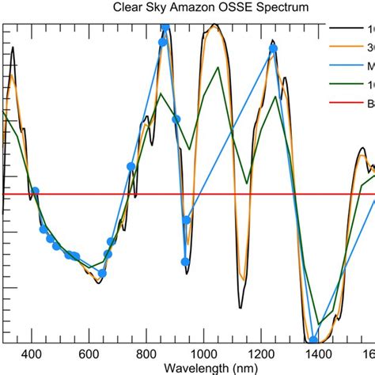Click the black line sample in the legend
pos(347,29)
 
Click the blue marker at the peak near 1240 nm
pos(273,49)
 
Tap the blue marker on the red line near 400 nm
pos(34,191)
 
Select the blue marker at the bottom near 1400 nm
pos(313,341)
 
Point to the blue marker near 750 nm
pos(131,166)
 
